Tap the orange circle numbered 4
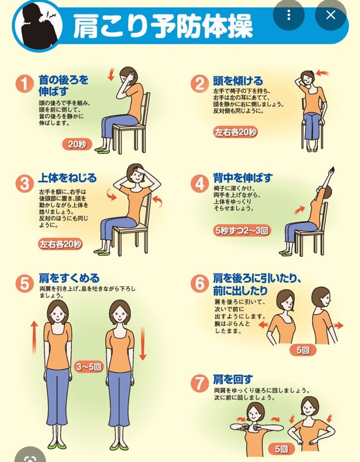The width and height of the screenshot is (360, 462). tap(200, 183)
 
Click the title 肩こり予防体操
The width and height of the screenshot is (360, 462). tap(163, 26)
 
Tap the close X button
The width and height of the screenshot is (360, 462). tap(331, 15)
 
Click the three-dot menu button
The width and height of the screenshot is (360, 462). tap(289, 15)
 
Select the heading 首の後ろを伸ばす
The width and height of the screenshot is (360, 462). tap(63, 86)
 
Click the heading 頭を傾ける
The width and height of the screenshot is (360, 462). tap(238, 81)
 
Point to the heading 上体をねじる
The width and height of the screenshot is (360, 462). tap(67, 178)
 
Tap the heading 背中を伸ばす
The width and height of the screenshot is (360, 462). tap(243, 178)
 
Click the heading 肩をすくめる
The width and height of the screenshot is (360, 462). tap(69, 278)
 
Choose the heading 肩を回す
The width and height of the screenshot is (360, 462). tap(233, 379)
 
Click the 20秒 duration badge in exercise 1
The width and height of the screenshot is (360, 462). tap(77, 144)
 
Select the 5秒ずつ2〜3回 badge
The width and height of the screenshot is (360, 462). tap(242, 230)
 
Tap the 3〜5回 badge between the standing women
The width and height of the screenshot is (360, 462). tap(89, 366)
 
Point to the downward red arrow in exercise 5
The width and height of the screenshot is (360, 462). tap(143, 343)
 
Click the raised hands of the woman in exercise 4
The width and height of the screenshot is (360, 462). tap(331, 171)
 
